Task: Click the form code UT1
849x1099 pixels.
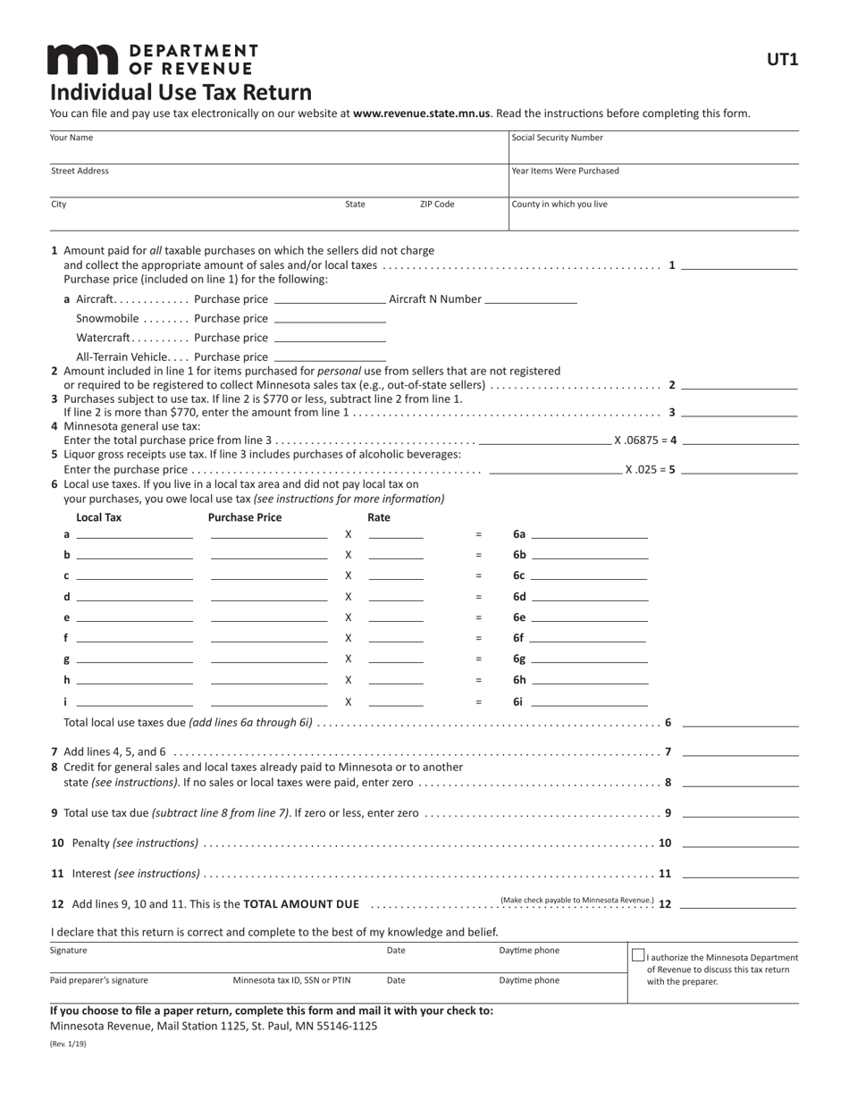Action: (x=782, y=60)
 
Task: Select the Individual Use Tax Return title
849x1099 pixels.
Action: (x=181, y=93)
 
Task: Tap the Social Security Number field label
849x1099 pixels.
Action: (x=557, y=138)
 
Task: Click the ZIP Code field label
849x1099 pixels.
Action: (x=437, y=205)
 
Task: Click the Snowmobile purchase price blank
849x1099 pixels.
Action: (x=330, y=320)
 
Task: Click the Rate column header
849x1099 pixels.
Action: (x=378, y=517)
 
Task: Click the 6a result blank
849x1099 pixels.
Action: (x=589, y=535)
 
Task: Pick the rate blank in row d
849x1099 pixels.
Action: (x=396, y=598)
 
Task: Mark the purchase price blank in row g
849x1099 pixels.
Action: (x=269, y=660)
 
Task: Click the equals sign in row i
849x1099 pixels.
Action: (x=478, y=702)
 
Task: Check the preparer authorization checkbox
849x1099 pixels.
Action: (x=638, y=955)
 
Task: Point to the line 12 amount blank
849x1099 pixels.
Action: (x=738, y=905)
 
